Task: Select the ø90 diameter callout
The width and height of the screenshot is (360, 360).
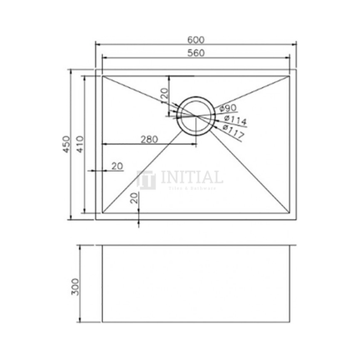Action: click(x=229, y=109)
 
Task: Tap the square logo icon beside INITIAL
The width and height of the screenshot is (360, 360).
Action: click(x=146, y=180)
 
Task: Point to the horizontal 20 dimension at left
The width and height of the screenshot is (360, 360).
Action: click(x=117, y=166)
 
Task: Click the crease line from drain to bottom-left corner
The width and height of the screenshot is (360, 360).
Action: click(x=142, y=172)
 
